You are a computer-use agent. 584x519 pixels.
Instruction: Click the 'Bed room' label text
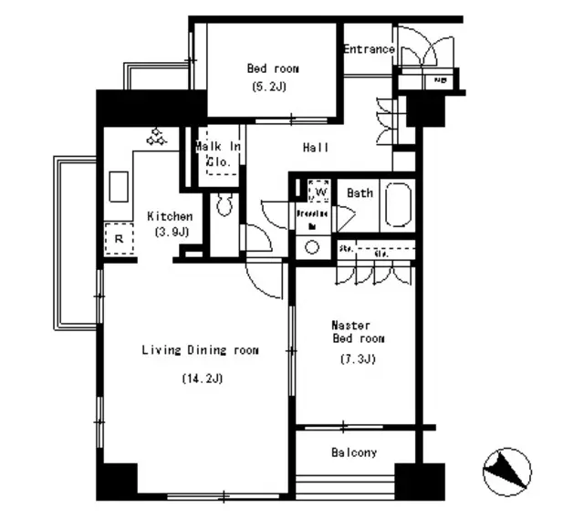(273, 68)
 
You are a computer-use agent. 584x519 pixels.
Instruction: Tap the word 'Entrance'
(370, 49)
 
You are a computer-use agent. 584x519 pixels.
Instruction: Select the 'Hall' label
(316, 148)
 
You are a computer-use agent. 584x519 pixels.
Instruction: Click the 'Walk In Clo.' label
(218, 154)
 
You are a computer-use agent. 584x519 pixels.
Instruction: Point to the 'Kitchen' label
(170, 217)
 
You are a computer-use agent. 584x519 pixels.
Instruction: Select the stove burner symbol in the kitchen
(156, 137)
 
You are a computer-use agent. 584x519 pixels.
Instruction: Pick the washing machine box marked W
(318, 192)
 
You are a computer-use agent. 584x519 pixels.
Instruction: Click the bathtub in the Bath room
(399, 205)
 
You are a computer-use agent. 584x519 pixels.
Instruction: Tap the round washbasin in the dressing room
(313, 246)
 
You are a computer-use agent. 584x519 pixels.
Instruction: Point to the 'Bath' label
(359, 193)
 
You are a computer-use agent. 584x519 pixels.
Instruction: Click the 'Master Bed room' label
(357, 331)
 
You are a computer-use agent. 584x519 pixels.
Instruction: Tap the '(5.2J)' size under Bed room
(273, 88)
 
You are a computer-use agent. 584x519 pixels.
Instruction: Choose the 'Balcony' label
(354, 452)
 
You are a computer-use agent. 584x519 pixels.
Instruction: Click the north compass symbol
(506, 472)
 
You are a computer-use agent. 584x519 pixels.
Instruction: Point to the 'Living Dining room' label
(199, 350)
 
